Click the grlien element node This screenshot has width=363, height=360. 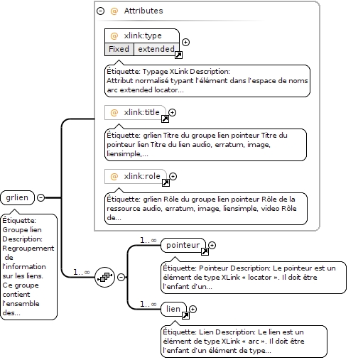(18, 197)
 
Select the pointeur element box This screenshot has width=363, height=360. (183, 245)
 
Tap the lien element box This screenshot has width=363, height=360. (173, 309)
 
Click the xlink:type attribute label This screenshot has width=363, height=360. (143, 36)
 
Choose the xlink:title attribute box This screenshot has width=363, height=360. (135, 112)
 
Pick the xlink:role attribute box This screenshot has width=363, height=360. (136, 176)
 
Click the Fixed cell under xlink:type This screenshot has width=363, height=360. (119, 49)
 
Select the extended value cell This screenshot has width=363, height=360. (156, 49)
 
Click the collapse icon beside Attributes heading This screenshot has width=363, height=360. (101, 11)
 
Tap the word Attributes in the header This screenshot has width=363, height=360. (143, 11)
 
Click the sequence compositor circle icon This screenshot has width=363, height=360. (104, 277)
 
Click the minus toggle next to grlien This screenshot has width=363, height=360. (41, 197)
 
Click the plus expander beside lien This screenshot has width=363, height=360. (193, 309)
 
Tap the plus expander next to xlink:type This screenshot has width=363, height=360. (186, 42)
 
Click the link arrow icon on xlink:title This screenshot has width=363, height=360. (165, 119)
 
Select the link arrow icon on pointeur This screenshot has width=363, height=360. (205, 251)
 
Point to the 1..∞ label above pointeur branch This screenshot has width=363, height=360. (148, 241)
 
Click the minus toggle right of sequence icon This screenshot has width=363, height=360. (121, 277)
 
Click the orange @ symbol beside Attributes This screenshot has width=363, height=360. (114, 11)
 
